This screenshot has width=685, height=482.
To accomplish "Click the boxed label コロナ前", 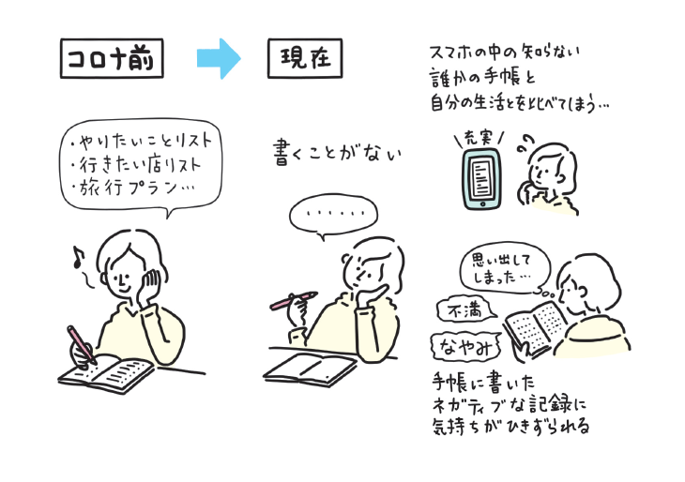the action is click(111, 59).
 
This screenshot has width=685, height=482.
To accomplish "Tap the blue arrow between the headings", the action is click(219, 59).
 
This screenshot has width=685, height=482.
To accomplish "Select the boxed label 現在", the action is click(304, 59).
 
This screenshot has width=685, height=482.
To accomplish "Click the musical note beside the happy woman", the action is click(79, 257).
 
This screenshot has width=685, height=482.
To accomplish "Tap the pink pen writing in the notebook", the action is click(81, 344).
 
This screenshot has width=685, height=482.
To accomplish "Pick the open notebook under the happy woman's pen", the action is click(106, 372).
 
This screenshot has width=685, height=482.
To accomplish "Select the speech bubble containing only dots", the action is click(328, 216).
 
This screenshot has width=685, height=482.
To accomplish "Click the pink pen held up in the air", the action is click(291, 300).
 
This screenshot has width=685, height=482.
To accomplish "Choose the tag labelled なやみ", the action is click(464, 348).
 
